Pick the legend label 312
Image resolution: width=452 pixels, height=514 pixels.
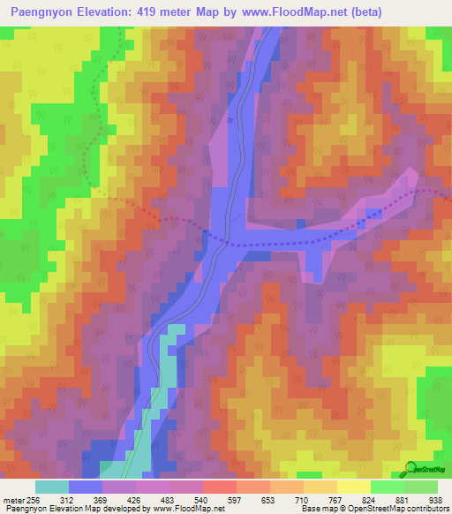coord(86,499)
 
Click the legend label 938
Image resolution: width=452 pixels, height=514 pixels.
coord(437,499)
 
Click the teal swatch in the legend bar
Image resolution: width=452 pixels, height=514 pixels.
coord(52,487)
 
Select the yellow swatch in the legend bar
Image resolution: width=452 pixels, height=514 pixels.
coord(353,487)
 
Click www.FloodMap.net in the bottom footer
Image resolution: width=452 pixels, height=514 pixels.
coord(187,509)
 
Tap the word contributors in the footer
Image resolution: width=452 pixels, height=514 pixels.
coord(427,509)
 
